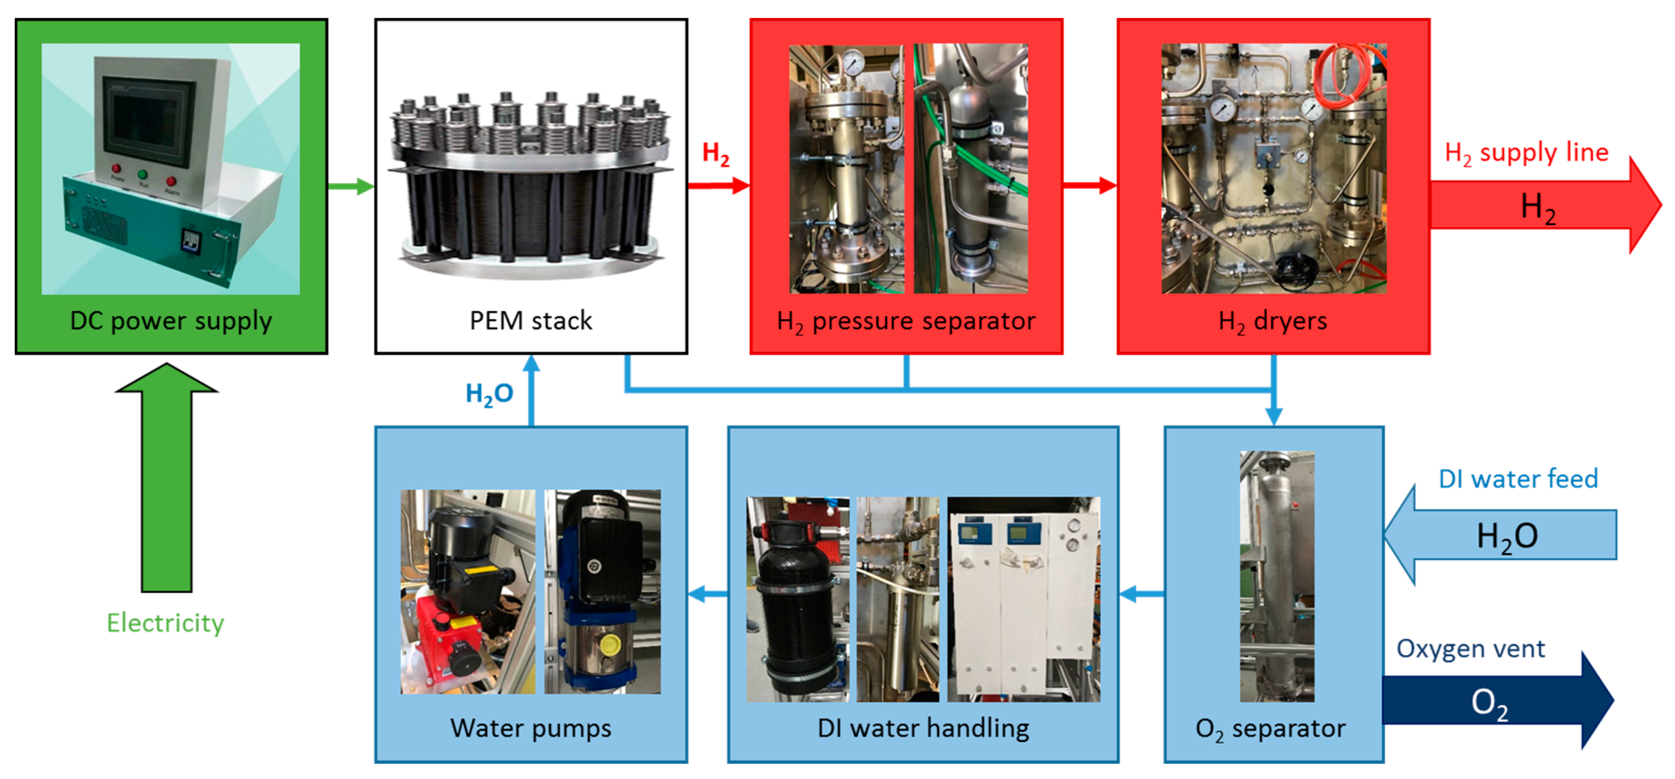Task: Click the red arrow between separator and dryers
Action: pos(1090,186)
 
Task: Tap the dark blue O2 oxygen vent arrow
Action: pos(1495,701)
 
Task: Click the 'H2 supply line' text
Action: pos(1526,153)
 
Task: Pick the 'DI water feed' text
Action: pos(1518,479)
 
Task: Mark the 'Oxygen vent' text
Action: pos(1470,649)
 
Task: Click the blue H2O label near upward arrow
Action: pos(489,393)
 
